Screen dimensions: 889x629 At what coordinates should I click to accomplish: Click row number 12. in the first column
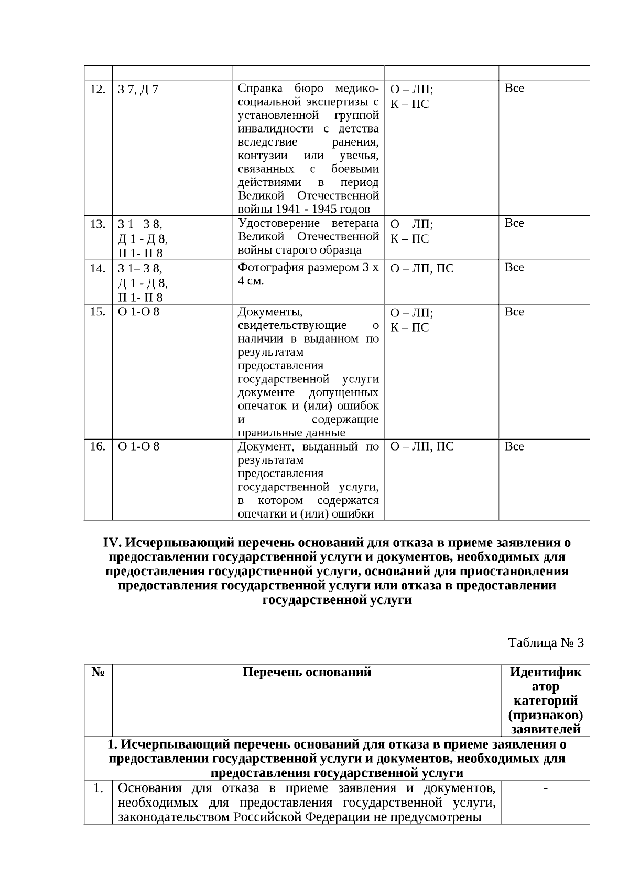97,89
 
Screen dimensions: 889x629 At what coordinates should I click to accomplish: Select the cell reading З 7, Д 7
138,90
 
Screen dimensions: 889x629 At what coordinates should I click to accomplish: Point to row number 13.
97,224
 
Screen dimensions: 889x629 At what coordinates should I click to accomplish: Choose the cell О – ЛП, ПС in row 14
422,269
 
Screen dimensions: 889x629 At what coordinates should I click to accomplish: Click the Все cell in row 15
514,312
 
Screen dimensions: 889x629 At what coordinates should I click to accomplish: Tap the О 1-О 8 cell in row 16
139,447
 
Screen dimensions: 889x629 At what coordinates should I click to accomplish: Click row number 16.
97,447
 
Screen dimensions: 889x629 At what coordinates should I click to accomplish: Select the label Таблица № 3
546,643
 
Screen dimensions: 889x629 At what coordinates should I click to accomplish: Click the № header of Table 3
98,672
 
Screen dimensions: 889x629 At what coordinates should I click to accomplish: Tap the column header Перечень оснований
307,672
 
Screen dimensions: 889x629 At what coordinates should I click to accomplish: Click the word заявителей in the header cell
546,729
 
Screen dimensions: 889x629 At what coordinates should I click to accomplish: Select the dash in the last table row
546,789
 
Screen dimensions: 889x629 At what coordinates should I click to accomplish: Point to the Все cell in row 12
514,89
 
